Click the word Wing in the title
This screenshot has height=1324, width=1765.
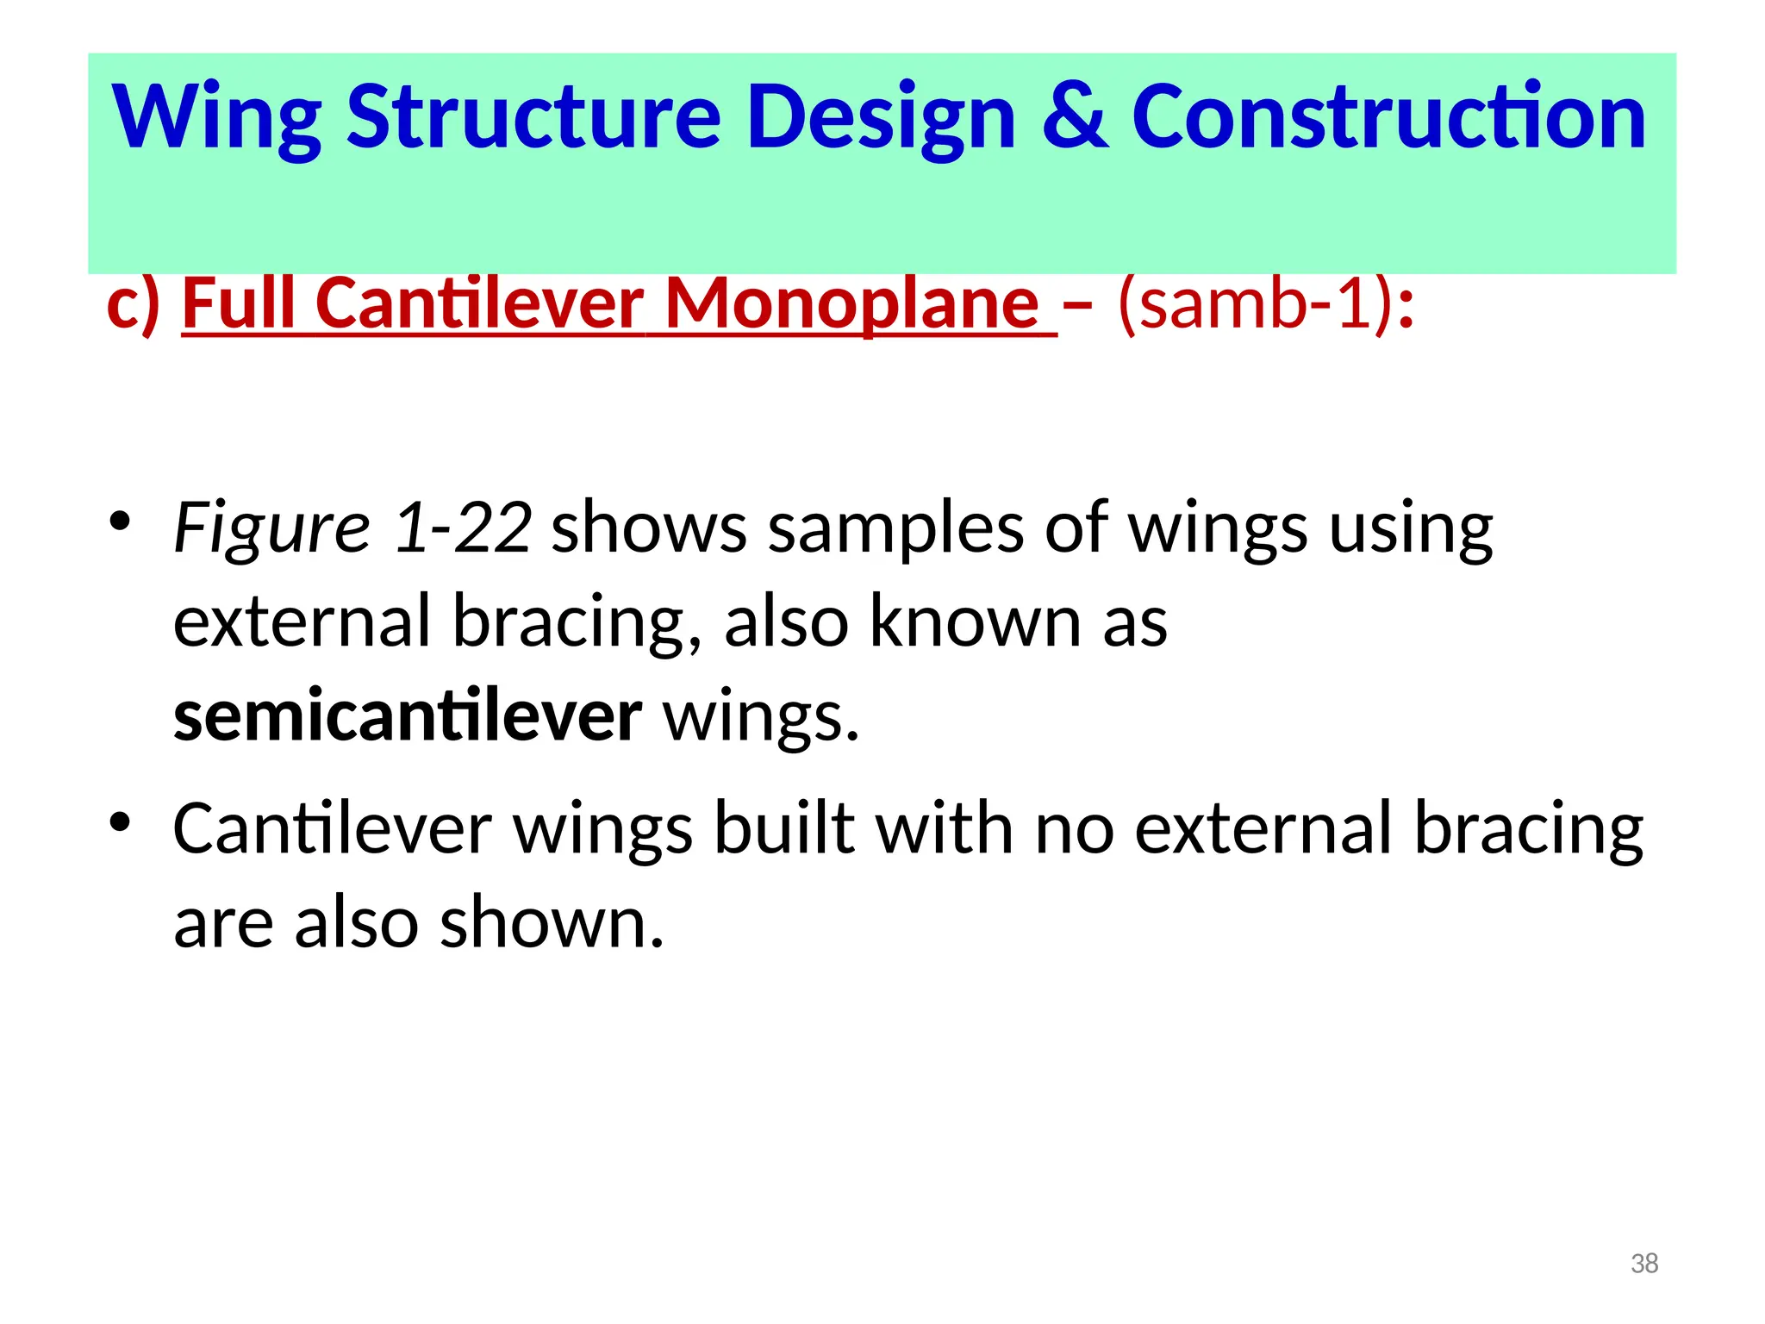point(216,118)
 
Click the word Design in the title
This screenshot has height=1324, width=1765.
point(881,118)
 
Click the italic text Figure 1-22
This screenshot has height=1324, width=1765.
point(352,528)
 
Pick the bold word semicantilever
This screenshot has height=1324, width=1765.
point(408,716)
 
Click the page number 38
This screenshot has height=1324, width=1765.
point(1644,1264)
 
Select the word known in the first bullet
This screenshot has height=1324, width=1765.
point(975,621)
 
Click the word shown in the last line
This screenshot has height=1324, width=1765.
point(552,923)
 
